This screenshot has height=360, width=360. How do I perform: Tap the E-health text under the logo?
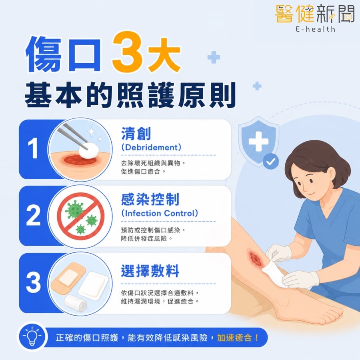click(315, 29)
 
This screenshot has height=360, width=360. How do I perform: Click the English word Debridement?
click(152, 147)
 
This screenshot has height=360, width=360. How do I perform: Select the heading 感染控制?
click(150, 199)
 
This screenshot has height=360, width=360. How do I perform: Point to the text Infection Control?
click(160, 213)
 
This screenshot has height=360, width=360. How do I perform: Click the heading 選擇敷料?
click(150, 271)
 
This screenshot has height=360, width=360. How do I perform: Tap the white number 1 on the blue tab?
click(33, 148)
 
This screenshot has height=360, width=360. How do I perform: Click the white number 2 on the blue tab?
click(33, 215)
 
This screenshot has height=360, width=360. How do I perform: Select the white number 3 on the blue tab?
click(33, 282)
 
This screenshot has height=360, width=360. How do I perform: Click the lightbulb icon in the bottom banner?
click(32, 336)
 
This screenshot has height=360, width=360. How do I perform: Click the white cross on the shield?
click(258, 142)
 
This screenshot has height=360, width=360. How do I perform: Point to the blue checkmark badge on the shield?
click(271, 162)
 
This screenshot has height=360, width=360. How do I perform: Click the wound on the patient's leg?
click(255, 258)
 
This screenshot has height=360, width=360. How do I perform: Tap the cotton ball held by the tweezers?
click(89, 150)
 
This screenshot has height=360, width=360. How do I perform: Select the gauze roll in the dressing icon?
click(75, 303)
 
